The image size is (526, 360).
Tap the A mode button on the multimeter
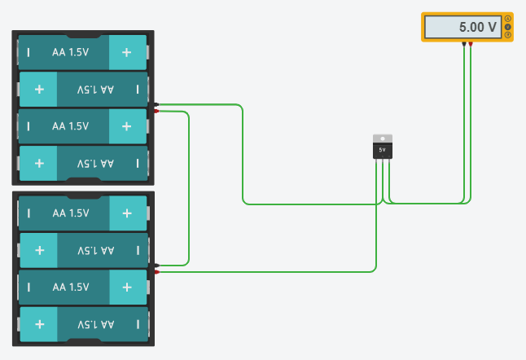(x=508, y=19)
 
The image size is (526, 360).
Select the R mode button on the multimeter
(x=508, y=35)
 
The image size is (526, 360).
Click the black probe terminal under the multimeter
(x=464, y=43)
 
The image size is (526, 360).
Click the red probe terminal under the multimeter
(x=471, y=43)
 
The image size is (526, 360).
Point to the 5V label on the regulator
(x=382, y=150)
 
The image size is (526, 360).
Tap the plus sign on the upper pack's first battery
(x=127, y=52)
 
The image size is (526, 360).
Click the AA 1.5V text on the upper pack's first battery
(x=70, y=52)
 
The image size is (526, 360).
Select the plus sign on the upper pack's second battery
(x=39, y=89)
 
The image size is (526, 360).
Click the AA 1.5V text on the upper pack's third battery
(x=70, y=126)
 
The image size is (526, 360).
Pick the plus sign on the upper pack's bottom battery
(x=39, y=163)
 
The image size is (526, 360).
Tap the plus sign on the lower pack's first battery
(x=127, y=213)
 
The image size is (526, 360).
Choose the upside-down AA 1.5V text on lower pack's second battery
(x=95, y=250)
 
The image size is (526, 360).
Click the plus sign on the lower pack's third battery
(x=127, y=287)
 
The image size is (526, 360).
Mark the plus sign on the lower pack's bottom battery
(x=39, y=324)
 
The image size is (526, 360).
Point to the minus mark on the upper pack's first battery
(x=29, y=52)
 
